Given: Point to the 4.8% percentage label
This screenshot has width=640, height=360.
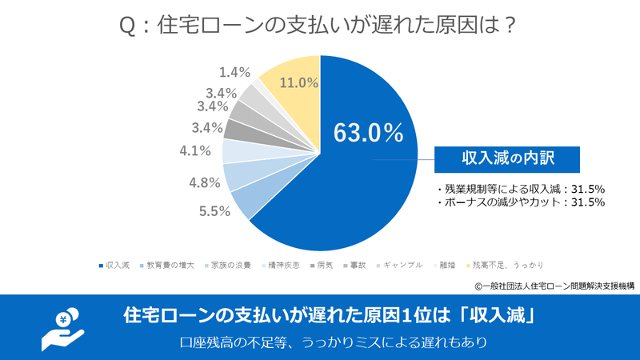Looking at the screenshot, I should coord(205,182).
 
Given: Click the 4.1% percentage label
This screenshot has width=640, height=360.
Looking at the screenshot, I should coord(195,150).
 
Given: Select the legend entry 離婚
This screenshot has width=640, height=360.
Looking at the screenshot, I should coord(447,264).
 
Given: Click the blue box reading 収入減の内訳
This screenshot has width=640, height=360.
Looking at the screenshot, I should coord(507,158).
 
